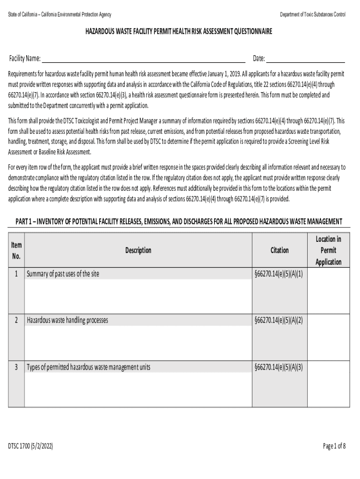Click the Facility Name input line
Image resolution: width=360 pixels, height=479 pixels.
(144, 59)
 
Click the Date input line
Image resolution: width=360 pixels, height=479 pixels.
(305, 59)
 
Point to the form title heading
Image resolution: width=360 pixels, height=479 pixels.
(178, 32)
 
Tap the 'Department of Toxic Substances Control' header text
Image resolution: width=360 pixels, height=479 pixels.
(313, 15)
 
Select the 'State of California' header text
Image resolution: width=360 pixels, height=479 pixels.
(60, 15)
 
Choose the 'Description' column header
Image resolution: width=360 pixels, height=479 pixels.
(138, 250)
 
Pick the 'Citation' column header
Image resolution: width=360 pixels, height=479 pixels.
(280, 250)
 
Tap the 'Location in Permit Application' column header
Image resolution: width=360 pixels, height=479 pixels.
(328, 250)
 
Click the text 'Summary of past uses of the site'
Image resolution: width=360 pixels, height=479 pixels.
(63, 274)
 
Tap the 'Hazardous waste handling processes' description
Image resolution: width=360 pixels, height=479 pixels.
(67, 320)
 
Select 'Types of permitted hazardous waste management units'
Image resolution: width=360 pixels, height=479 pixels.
(89, 367)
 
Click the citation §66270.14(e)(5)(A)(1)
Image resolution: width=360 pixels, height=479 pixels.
(280, 274)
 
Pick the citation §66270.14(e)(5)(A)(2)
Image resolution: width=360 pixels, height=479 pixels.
(280, 320)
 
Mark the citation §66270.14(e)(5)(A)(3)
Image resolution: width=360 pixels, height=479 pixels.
(280, 367)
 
